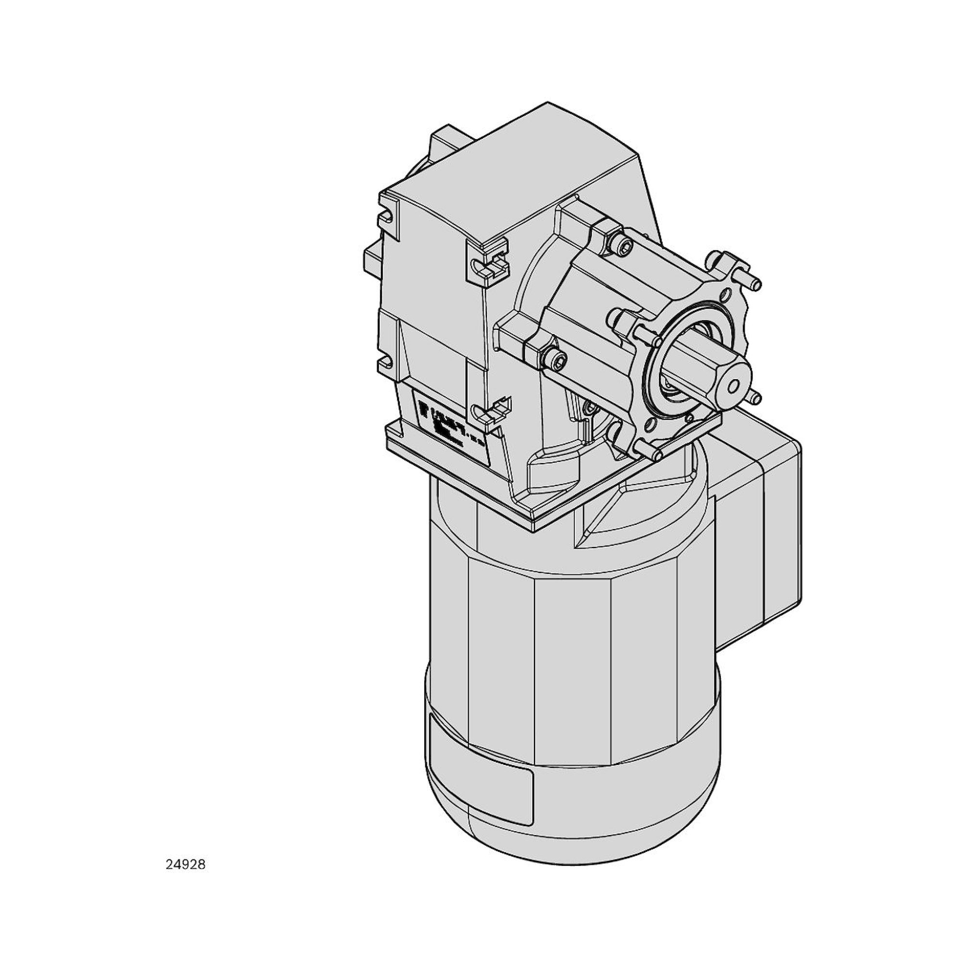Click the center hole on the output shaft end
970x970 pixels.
click(733, 386)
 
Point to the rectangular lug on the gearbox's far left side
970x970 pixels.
click(372, 261)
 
